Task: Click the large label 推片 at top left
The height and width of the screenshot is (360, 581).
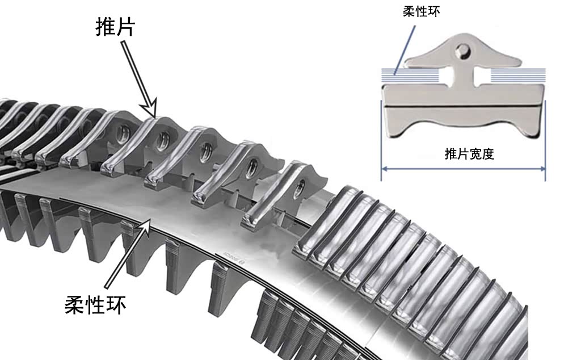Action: click(115, 26)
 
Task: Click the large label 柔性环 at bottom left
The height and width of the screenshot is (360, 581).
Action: click(95, 305)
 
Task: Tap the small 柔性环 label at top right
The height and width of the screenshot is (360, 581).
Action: click(422, 12)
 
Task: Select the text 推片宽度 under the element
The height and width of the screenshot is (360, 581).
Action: click(469, 153)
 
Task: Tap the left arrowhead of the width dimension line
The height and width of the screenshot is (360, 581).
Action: click(385, 169)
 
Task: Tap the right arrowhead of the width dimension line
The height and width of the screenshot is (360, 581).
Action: click(542, 169)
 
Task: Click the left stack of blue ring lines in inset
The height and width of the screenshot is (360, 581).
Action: click(410, 76)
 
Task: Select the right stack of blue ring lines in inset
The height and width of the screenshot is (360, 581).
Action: click(518, 76)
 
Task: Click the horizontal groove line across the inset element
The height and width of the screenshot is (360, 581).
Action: click(463, 107)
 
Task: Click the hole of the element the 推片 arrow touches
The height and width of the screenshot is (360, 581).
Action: click(162, 141)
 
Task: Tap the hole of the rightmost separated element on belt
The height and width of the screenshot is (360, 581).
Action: click(300, 188)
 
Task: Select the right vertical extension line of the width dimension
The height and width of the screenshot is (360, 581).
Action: click(545, 140)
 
